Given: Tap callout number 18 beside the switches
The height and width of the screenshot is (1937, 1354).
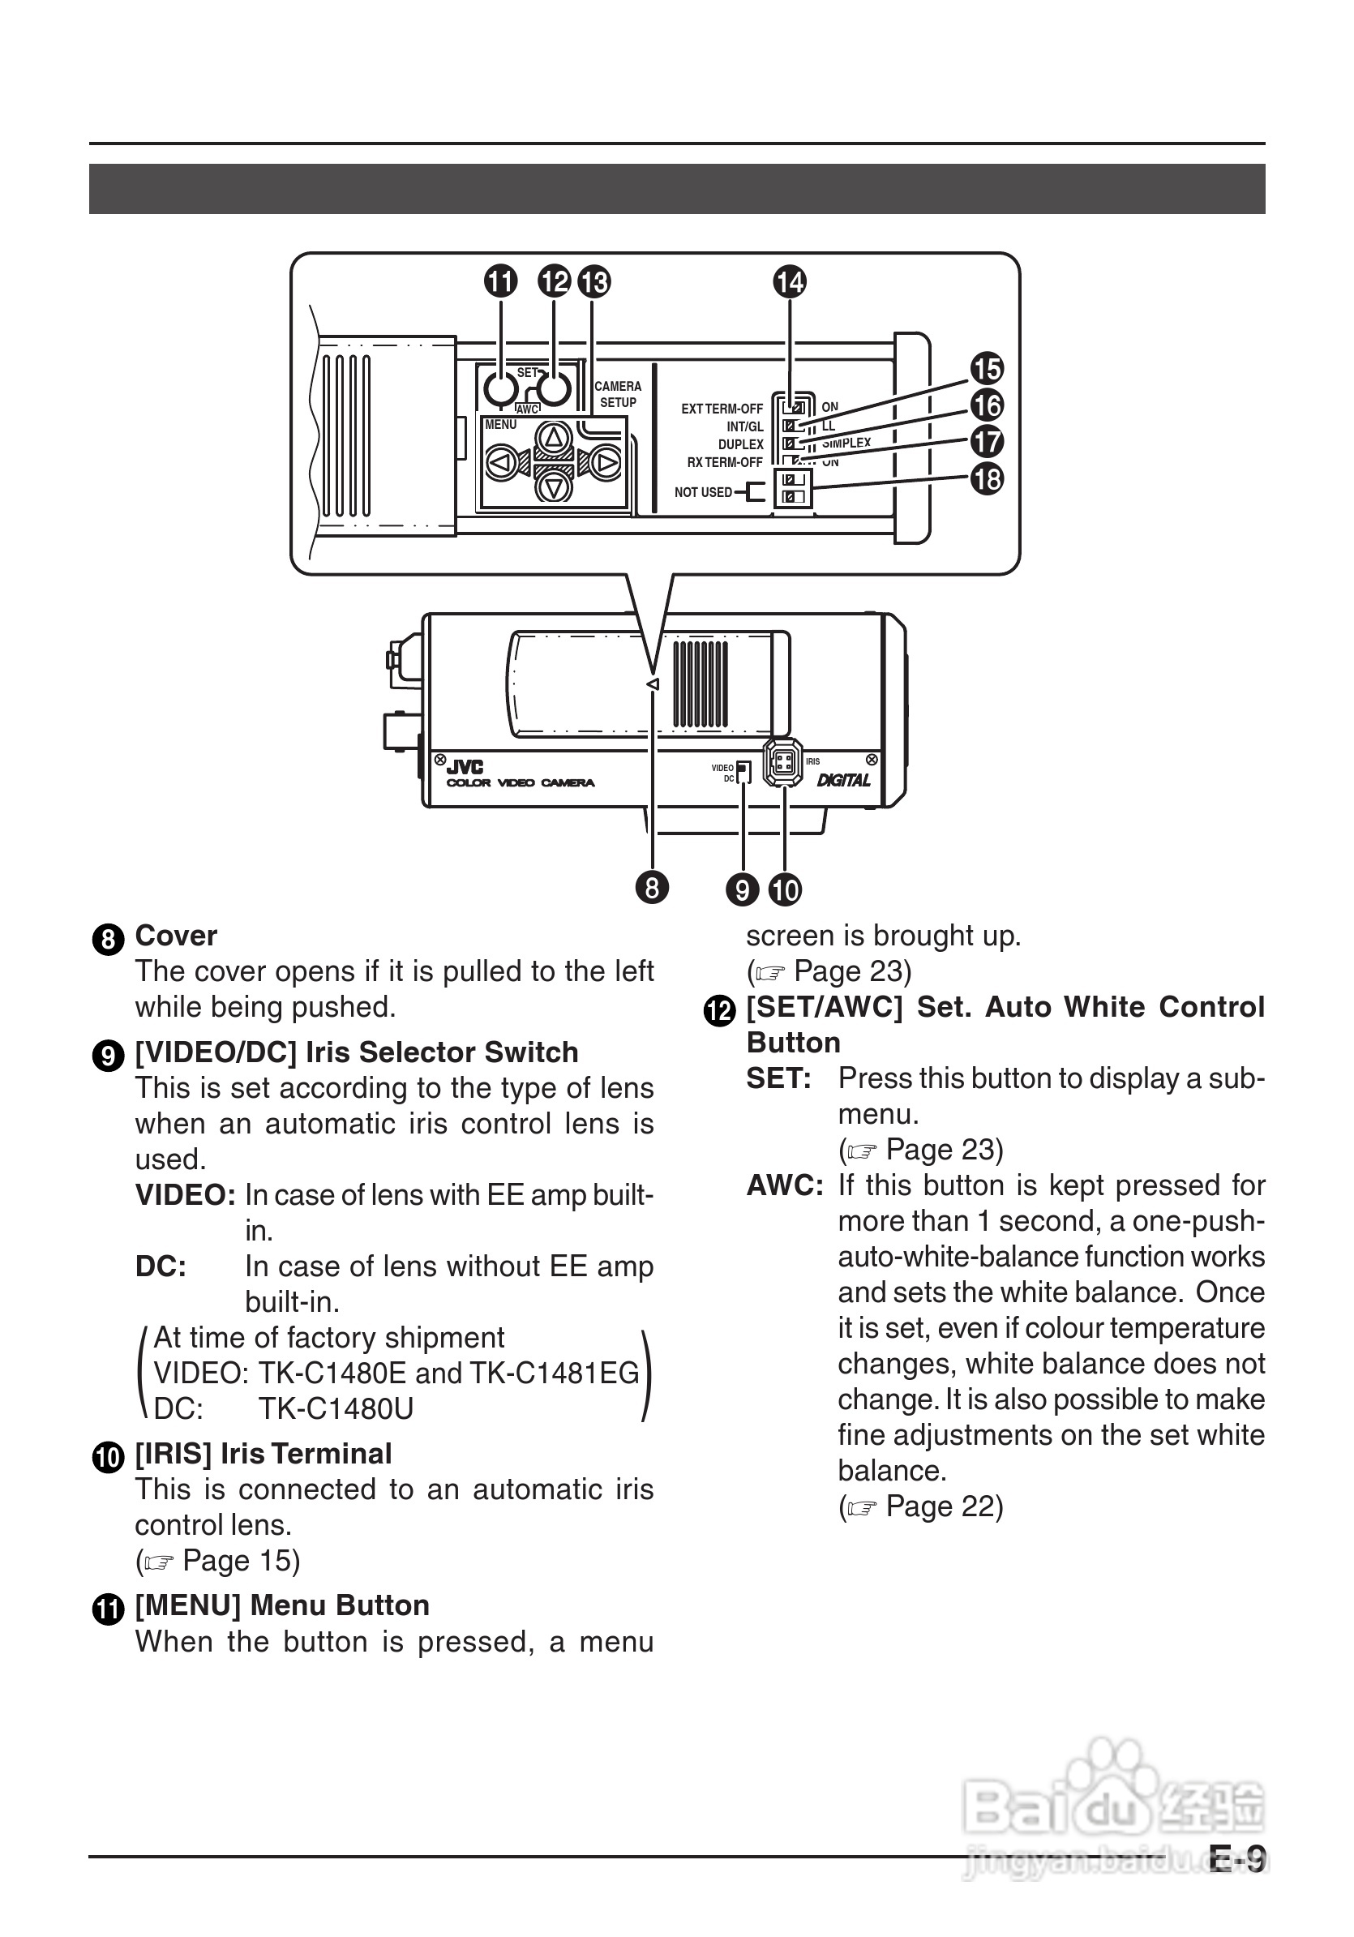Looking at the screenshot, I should [x=987, y=478].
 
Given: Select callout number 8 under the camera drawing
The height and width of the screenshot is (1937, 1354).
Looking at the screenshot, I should [x=651, y=888].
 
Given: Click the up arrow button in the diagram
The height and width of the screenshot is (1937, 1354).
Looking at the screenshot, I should [x=554, y=437].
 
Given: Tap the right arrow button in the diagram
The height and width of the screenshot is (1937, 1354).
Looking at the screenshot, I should [x=605, y=462].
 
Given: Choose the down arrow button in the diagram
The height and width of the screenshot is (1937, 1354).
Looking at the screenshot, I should [x=554, y=486].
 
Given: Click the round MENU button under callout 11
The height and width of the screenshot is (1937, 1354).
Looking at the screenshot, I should [x=500, y=389].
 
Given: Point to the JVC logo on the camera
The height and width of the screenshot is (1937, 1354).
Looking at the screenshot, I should [x=465, y=767].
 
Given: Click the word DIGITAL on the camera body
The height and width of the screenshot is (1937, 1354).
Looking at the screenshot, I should [x=842, y=780].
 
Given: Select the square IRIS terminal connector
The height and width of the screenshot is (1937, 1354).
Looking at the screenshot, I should [x=783, y=763].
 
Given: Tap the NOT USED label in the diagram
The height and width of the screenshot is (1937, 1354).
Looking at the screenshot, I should [x=703, y=492].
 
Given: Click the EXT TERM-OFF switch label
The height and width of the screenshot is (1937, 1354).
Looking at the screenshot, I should [x=722, y=409].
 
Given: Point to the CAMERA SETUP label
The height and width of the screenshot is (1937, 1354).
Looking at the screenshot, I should [x=618, y=394].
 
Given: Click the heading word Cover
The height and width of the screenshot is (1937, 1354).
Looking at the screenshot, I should [x=175, y=936].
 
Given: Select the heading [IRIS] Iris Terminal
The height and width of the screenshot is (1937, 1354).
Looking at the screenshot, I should [x=264, y=1454].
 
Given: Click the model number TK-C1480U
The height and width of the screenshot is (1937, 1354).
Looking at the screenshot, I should [x=336, y=1409].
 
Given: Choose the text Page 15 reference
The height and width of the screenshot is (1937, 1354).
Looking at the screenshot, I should [x=241, y=1561].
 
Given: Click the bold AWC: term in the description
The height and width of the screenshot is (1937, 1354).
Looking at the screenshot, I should [x=785, y=1185].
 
